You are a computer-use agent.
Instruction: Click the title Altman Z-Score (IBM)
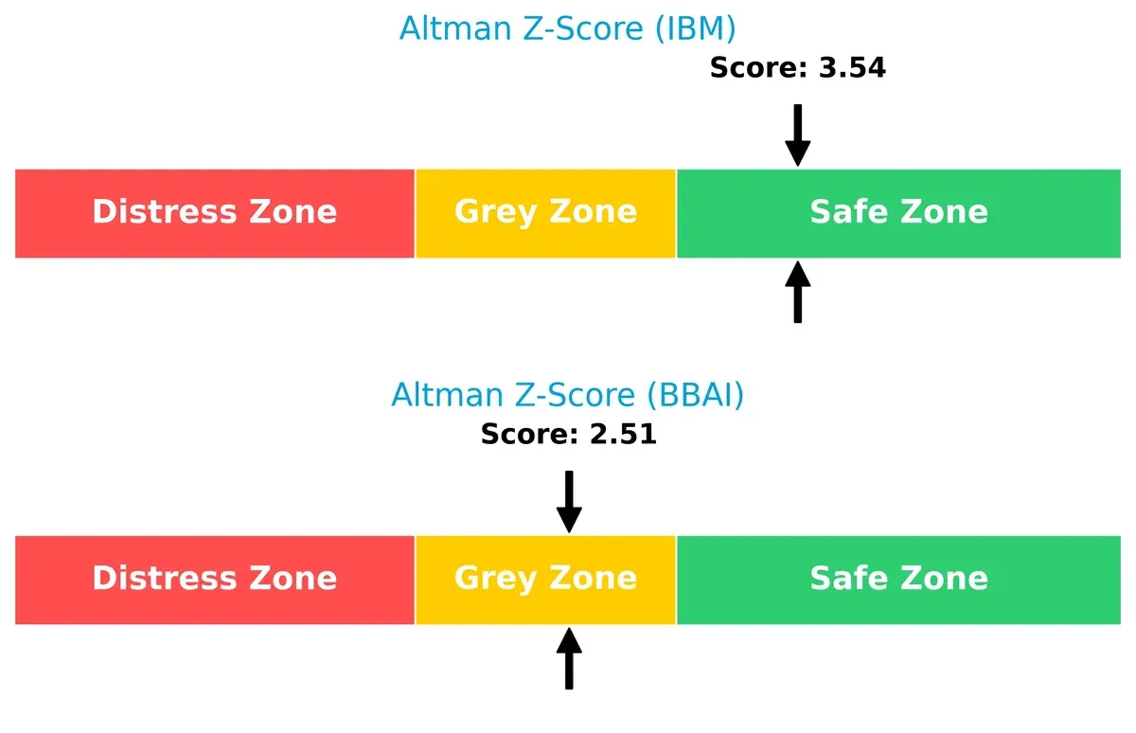567,28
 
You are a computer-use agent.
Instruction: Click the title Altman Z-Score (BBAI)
567,395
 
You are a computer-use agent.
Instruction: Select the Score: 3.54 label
797,68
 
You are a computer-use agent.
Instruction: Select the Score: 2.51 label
568,435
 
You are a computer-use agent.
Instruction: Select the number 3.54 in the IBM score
849,68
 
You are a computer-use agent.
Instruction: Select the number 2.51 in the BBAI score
620,435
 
